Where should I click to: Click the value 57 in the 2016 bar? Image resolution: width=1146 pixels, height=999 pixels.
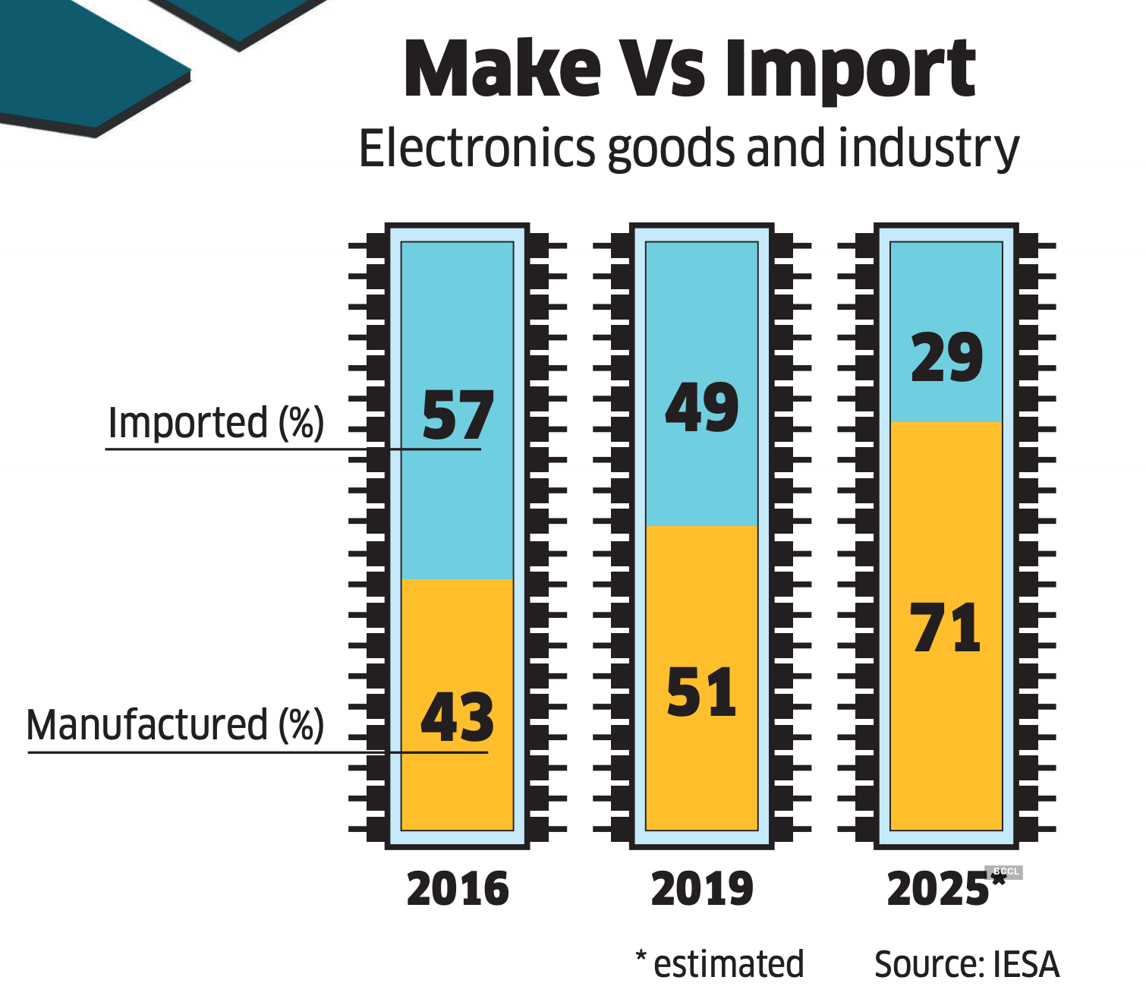coord(458,415)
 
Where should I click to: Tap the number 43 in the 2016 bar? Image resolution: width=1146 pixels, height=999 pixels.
coord(457,717)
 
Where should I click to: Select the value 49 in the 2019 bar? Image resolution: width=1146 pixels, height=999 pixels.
coord(702,408)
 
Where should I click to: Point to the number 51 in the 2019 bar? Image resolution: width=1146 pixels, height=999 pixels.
coord(702,692)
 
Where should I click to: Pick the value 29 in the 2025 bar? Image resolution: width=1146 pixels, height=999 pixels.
coord(946,358)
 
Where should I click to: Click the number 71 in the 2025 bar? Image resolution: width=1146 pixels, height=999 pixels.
coord(946,628)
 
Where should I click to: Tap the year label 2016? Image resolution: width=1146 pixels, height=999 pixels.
coord(458,889)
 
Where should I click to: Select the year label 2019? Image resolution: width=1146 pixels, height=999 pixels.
coord(702,889)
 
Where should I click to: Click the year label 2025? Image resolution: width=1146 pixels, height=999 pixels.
coord(939,889)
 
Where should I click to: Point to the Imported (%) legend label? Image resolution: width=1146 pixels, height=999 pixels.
coord(216,423)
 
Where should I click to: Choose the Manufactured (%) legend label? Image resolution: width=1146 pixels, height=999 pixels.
coord(175,725)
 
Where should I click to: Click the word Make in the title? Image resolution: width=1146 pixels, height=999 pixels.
coord(502,70)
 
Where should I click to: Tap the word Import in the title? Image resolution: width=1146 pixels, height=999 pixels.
coord(848,71)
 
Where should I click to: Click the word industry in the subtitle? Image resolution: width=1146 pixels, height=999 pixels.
coord(928,150)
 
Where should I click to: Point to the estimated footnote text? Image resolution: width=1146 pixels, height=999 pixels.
coord(727,964)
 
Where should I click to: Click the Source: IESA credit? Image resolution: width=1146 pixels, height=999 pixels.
coord(966,965)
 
